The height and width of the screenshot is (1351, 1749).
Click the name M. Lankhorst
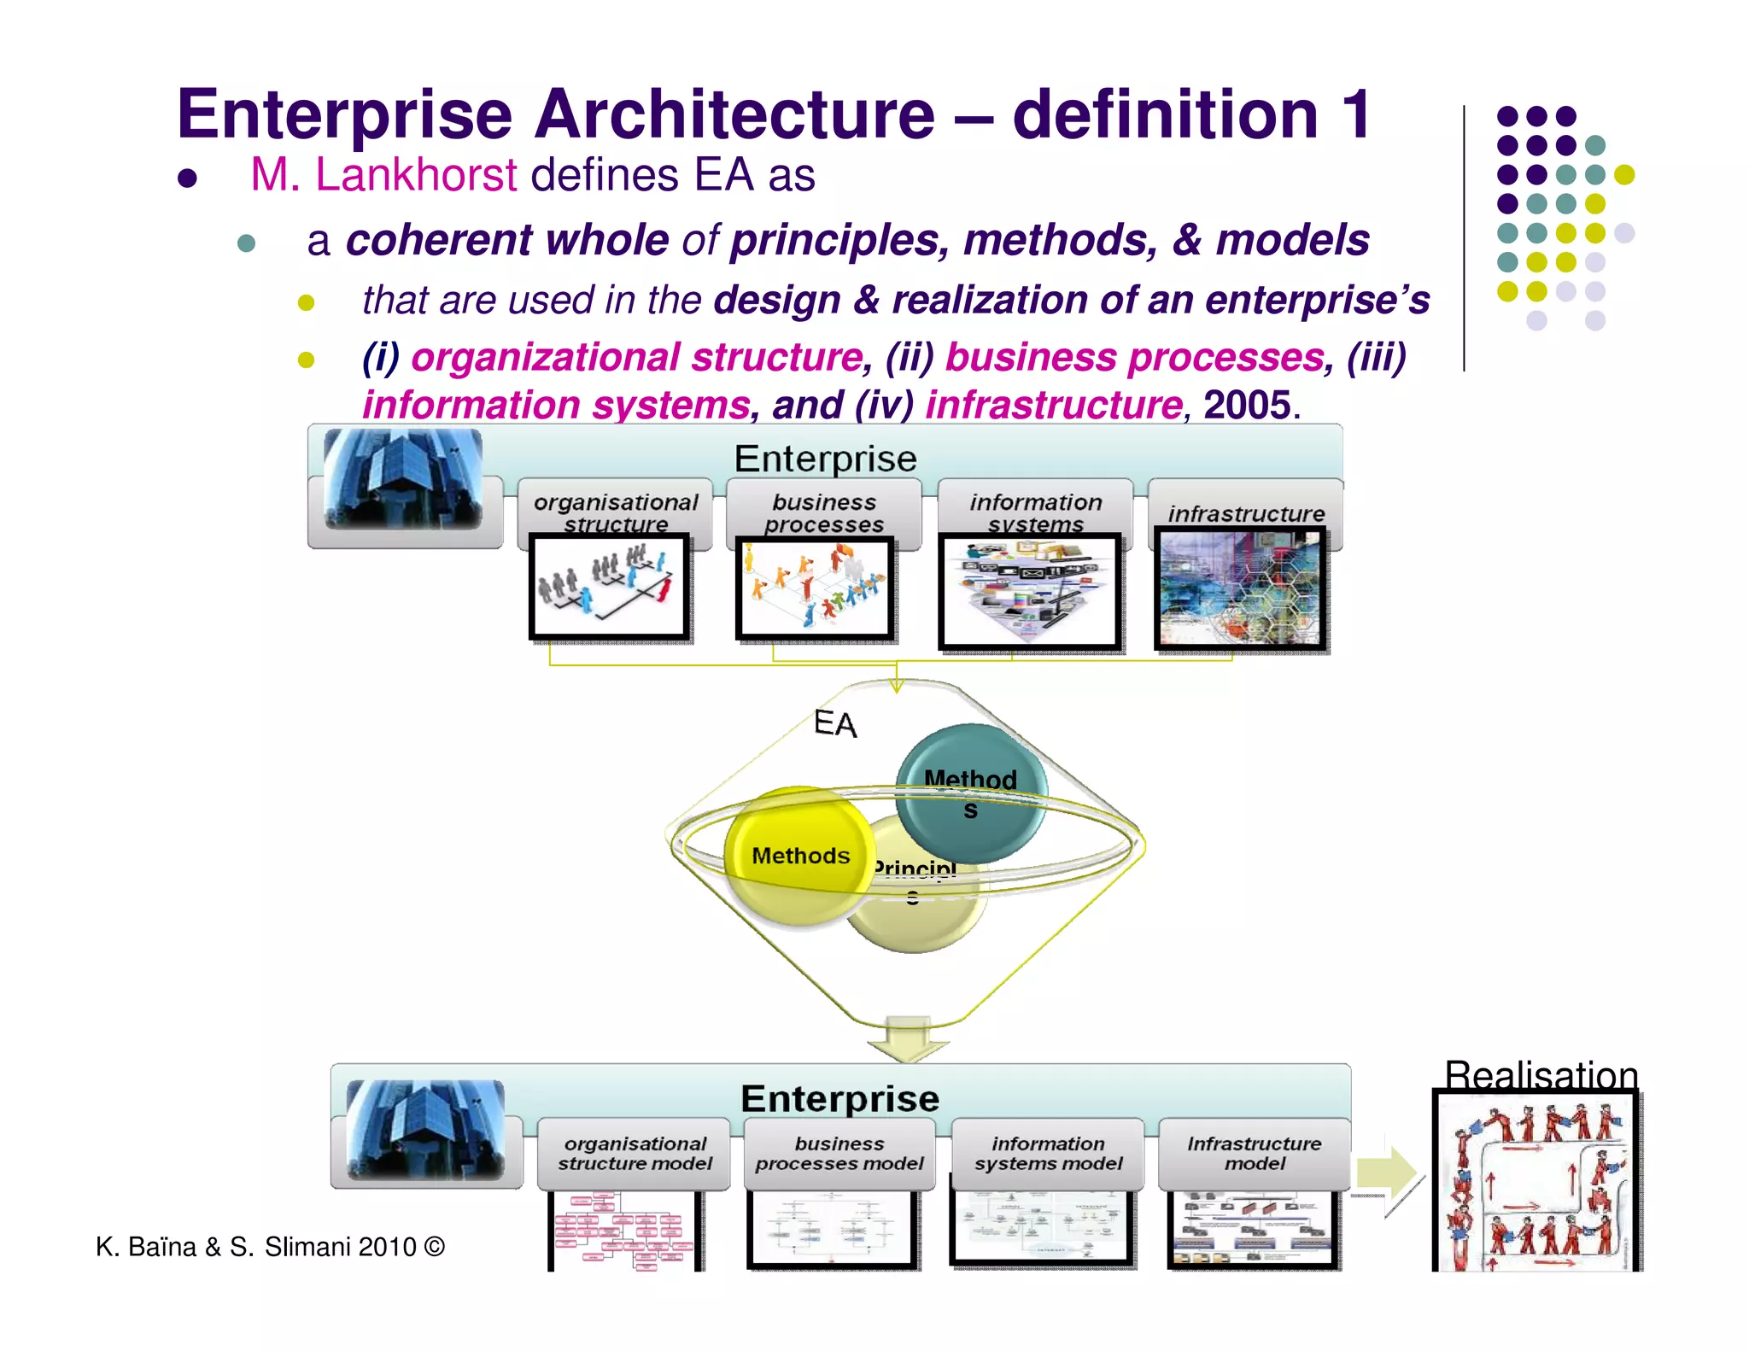click(x=383, y=175)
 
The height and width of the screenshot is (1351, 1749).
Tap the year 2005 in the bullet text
click(x=1246, y=405)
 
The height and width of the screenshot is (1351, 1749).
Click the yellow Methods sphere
click(x=799, y=856)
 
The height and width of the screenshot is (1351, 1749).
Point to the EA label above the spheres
click(x=835, y=723)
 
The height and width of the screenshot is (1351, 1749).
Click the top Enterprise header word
click(x=825, y=459)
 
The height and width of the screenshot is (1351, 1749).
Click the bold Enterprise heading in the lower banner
click(x=839, y=1098)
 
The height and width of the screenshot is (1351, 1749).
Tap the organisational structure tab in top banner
click(x=616, y=512)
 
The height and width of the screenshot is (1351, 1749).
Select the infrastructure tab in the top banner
click(x=1246, y=513)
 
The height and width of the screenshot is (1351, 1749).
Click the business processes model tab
click(x=839, y=1154)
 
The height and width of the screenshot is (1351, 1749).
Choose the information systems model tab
click(x=1048, y=1154)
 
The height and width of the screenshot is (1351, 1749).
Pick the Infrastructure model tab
click(x=1254, y=1154)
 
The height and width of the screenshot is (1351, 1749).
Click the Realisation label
click(x=1541, y=1075)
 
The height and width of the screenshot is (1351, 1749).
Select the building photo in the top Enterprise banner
click(x=403, y=479)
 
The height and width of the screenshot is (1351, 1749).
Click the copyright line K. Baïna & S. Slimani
click(x=270, y=1247)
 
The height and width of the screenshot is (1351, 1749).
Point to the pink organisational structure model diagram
click(x=623, y=1230)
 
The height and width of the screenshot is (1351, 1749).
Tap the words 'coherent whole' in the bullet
click(x=507, y=240)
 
